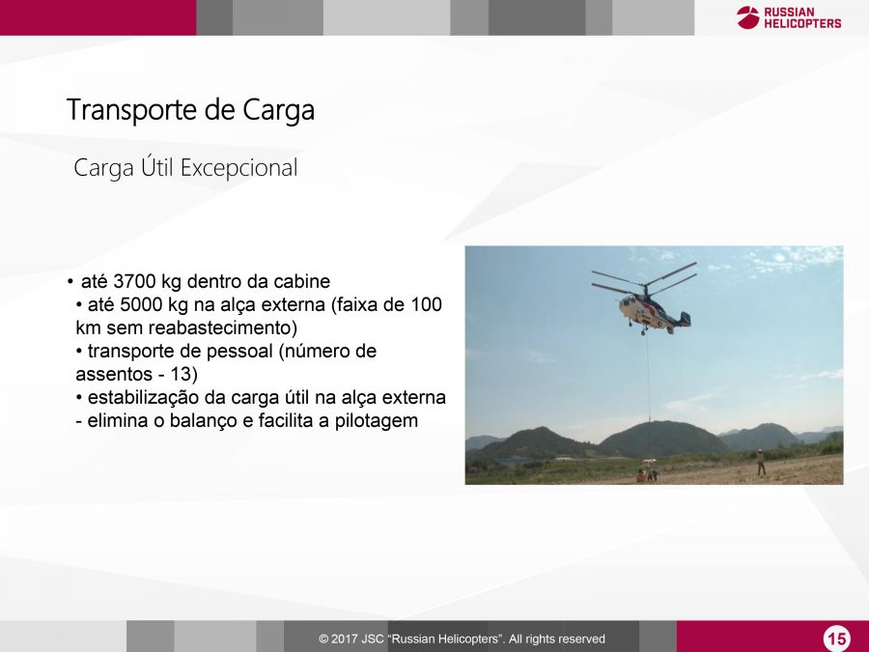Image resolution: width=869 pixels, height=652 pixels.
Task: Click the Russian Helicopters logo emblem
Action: coord(748,17)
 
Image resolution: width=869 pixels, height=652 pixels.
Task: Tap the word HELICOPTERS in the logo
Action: coord(802,23)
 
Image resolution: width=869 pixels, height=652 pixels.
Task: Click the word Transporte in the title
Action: coord(132,110)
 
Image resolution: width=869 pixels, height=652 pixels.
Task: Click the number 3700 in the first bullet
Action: coord(134,281)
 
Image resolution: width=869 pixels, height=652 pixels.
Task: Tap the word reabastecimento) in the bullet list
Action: coord(202,327)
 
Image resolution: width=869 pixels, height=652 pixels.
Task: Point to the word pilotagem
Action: coord(377,421)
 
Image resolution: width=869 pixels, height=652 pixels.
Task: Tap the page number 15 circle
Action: coord(836,638)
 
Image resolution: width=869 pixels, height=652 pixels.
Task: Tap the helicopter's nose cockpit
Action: coord(627,305)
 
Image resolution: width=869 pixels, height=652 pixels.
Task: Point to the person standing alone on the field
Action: coord(761,463)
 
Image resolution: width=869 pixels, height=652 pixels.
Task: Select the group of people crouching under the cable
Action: coord(647,474)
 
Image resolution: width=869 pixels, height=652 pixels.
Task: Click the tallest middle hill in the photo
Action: coord(662,438)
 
